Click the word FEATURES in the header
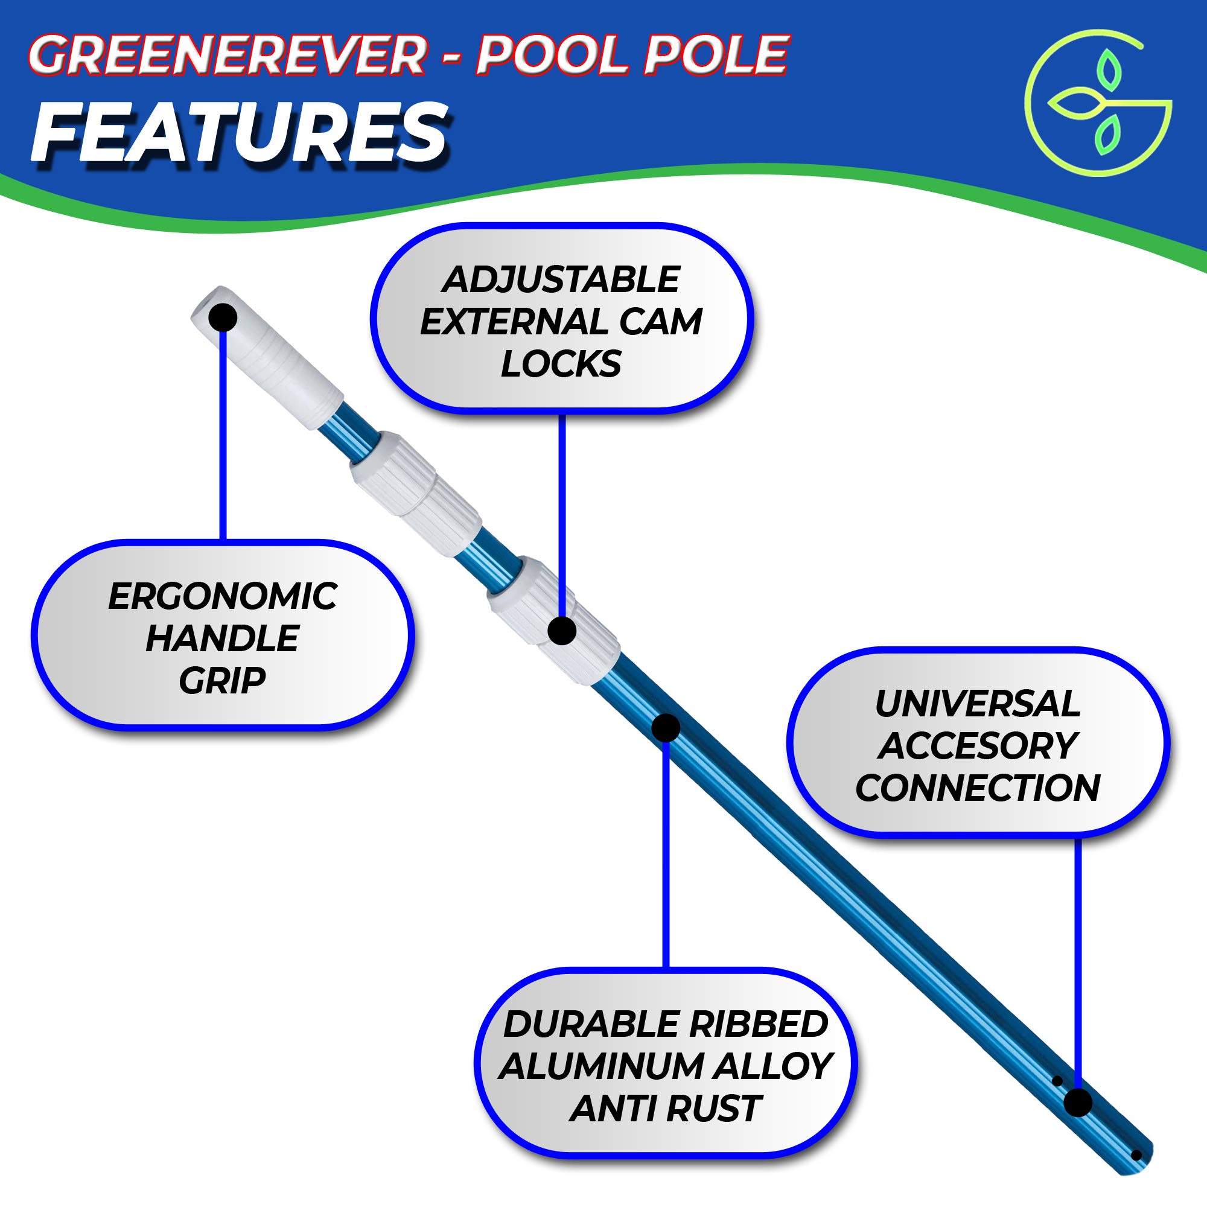pos(238,133)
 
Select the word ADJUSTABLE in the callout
pos(561,279)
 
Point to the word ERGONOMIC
pos(223,596)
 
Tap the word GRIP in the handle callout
pos(223,680)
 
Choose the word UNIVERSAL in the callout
pos(977,704)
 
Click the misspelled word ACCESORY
pos(977,745)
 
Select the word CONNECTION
pos(977,788)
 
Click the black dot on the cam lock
pos(562,631)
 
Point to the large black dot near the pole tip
pos(1078,1102)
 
